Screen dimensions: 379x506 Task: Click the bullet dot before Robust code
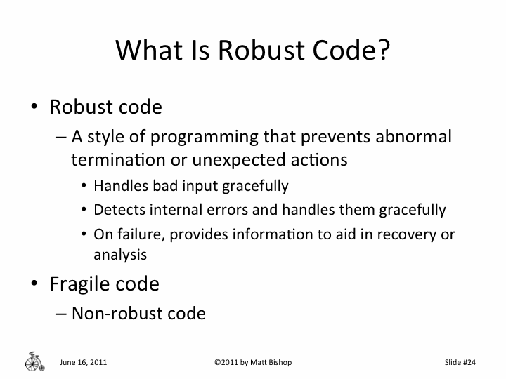click(x=34, y=108)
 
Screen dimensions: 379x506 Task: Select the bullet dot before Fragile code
click(x=34, y=284)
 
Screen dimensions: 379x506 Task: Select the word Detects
click(x=116, y=209)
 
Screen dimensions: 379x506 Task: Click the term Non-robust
click(x=113, y=313)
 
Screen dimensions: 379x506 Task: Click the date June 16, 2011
click(x=84, y=362)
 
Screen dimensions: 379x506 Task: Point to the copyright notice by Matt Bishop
click(x=252, y=362)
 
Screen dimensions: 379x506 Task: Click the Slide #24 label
click(x=460, y=362)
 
